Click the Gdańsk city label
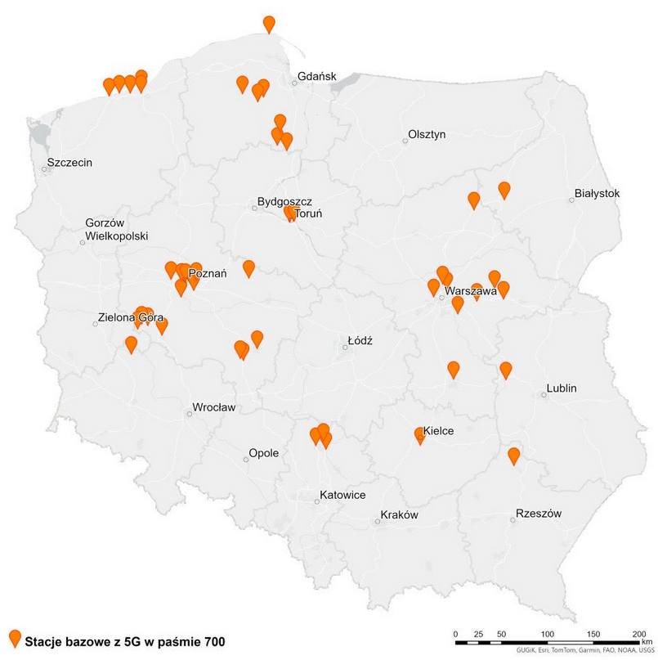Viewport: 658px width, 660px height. [x=317, y=76]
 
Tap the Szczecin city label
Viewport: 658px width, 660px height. [x=69, y=163]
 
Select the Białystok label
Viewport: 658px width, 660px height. [x=597, y=194]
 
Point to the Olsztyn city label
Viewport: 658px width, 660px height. [x=427, y=135]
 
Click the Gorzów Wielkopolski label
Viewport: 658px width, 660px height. [x=116, y=230]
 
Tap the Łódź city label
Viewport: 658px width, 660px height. [x=360, y=339]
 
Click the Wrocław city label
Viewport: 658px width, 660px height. [x=213, y=407]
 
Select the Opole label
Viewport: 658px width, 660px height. [x=264, y=453]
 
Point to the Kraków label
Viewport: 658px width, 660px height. [x=399, y=515]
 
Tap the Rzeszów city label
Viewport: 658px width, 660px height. [x=539, y=514]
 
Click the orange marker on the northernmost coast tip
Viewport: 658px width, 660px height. [x=269, y=24]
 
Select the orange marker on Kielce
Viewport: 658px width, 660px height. [x=420, y=434]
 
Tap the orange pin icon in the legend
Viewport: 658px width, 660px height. [x=14, y=639]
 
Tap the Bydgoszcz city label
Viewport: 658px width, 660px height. [x=284, y=201]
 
